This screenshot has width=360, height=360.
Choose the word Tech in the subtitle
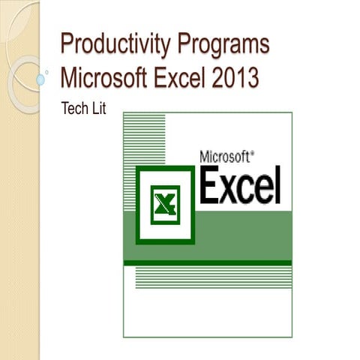(x=73, y=109)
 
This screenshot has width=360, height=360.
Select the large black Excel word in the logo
(x=240, y=186)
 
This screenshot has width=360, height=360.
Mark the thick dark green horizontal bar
(x=207, y=262)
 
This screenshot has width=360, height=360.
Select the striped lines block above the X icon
(x=149, y=139)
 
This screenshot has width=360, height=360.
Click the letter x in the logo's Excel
(x=235, y=189)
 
